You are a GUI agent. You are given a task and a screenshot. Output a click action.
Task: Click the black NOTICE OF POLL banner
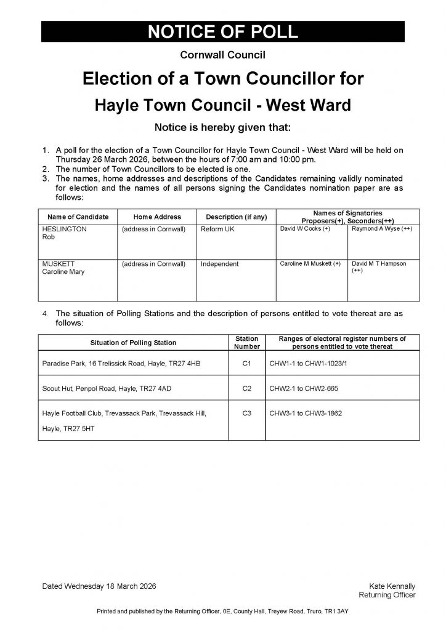[x=222, y=32]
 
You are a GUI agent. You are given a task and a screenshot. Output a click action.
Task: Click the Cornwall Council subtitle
[x=222, y=55]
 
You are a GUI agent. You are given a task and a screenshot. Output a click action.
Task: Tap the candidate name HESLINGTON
[x=64, y=229]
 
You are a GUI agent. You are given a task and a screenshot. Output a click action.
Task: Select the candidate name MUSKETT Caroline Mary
[x=63, y=268]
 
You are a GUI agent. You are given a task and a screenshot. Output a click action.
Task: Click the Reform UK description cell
[x=218, y=229]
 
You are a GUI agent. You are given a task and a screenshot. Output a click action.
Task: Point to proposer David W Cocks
[x=306, y=229]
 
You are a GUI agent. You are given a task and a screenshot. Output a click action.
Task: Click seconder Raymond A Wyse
[x=381, y=229]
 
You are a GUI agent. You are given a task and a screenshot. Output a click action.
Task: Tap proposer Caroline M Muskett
[x=310, y=264]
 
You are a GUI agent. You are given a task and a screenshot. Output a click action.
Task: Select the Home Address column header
[x=157, y=217]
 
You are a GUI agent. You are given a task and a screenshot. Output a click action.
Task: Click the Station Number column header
[x=247, y=343]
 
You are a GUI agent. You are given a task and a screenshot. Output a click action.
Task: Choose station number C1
[x=247, y=364]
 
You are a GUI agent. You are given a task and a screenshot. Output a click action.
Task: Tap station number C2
[x=247, y=389]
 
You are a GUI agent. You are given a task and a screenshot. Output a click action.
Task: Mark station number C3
[x=247, y=413]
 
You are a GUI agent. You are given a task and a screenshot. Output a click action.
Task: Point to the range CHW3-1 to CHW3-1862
[x=306, y=413]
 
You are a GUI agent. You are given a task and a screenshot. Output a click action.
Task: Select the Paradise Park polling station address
[x=121, y=364]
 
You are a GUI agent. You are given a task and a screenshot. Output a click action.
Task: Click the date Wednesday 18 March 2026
[x=99, y=586]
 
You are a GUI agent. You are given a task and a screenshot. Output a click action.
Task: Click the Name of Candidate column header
[x=78, y=217]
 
